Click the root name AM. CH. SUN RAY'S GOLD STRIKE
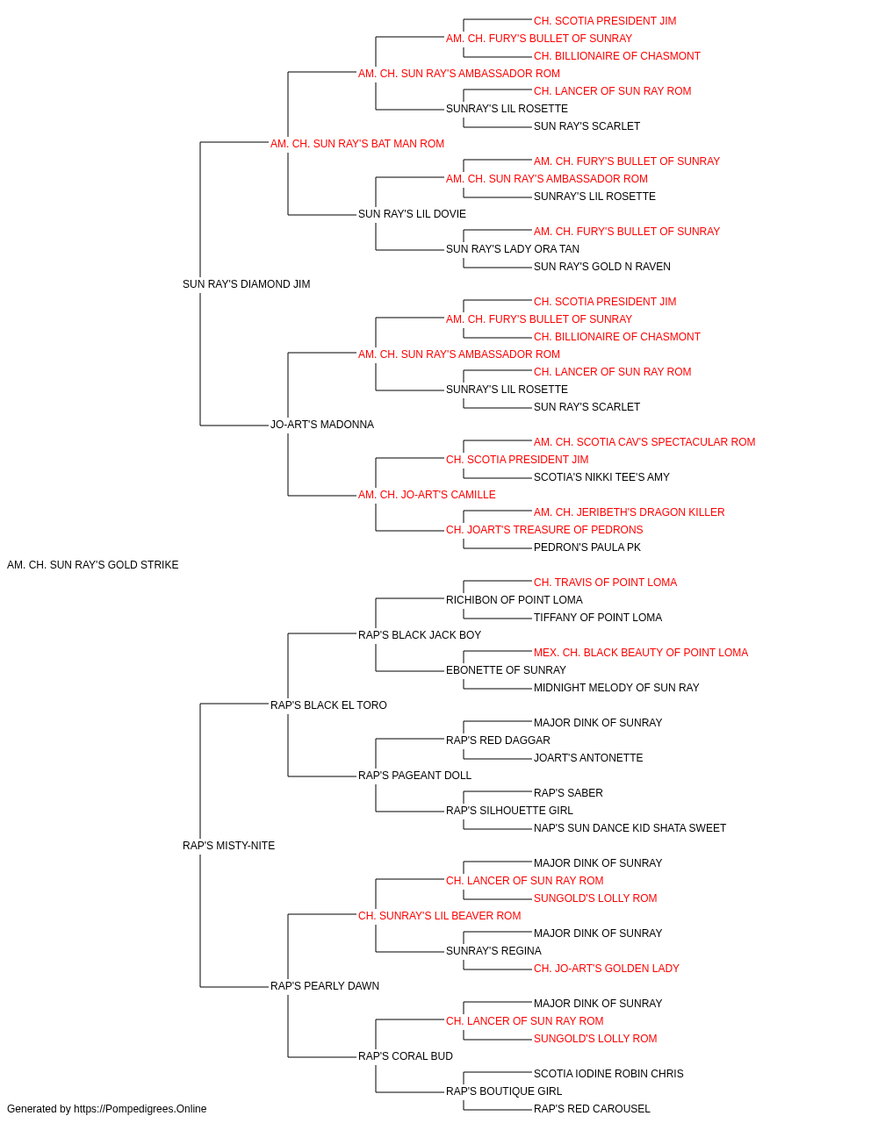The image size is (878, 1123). [92, 565]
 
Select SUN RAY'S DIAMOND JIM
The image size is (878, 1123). [246, 284]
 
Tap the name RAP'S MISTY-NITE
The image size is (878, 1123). [228, 846]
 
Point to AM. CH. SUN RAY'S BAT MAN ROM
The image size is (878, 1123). [357, 144]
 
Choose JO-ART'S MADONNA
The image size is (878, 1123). [322, 425]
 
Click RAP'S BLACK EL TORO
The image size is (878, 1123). [328, 705]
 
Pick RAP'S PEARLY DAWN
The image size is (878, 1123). [325, 986]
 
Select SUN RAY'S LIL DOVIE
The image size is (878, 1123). [412, 214]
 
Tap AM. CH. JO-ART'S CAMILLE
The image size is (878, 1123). [427, 495]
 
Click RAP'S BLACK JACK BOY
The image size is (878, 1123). [420, 635]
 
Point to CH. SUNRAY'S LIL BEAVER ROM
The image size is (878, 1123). [440, 916]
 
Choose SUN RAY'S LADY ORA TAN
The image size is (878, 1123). [513, 249]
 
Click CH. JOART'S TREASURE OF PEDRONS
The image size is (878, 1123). [544, 530]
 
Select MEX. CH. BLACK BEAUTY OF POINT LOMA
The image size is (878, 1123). [641, 653]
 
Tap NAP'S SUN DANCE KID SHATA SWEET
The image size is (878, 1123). [630, 828]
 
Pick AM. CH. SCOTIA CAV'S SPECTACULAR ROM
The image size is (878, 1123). [644, 442]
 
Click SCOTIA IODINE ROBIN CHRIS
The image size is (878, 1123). [608, 1074]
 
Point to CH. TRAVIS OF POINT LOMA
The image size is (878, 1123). [606, 583]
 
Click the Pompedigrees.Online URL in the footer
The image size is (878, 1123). [140, 1109]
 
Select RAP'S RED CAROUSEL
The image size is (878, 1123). [592, 1109]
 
